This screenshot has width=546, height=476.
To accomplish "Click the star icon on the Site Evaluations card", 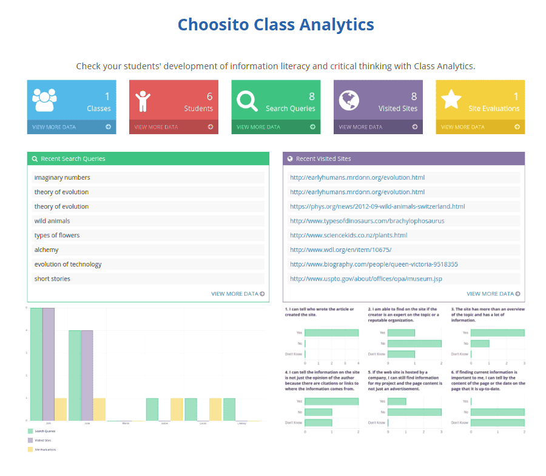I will (x=451, y=99).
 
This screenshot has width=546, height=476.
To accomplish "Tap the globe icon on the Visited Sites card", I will (x=349, y=100).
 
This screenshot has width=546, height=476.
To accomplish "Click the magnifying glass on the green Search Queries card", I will (x=247, y=100).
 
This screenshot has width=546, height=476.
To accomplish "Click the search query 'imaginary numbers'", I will (x=62, y=177).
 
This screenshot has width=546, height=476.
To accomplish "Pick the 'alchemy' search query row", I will (x=46, y=250).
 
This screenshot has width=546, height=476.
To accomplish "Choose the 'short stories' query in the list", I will (x=52, y=279).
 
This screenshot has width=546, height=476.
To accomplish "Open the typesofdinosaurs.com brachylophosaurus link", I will (x=367, y=221).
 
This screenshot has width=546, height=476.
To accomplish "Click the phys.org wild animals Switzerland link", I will (x=377, y=206).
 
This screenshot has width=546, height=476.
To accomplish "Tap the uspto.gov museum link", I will (x=366, y=279).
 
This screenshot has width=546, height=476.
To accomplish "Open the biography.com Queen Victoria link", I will (x=374, y=264).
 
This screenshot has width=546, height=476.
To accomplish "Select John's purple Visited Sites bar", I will (x=49, y=364).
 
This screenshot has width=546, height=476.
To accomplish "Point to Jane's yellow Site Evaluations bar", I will (x=98, y=409).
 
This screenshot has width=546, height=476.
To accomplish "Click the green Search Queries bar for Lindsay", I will (x=229, y=409).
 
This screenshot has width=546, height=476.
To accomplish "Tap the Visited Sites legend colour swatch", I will (x=30, y=440).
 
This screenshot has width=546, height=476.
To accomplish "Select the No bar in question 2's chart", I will (x=414, y=343).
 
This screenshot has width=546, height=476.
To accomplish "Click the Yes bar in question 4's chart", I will (x=331, y=401).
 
